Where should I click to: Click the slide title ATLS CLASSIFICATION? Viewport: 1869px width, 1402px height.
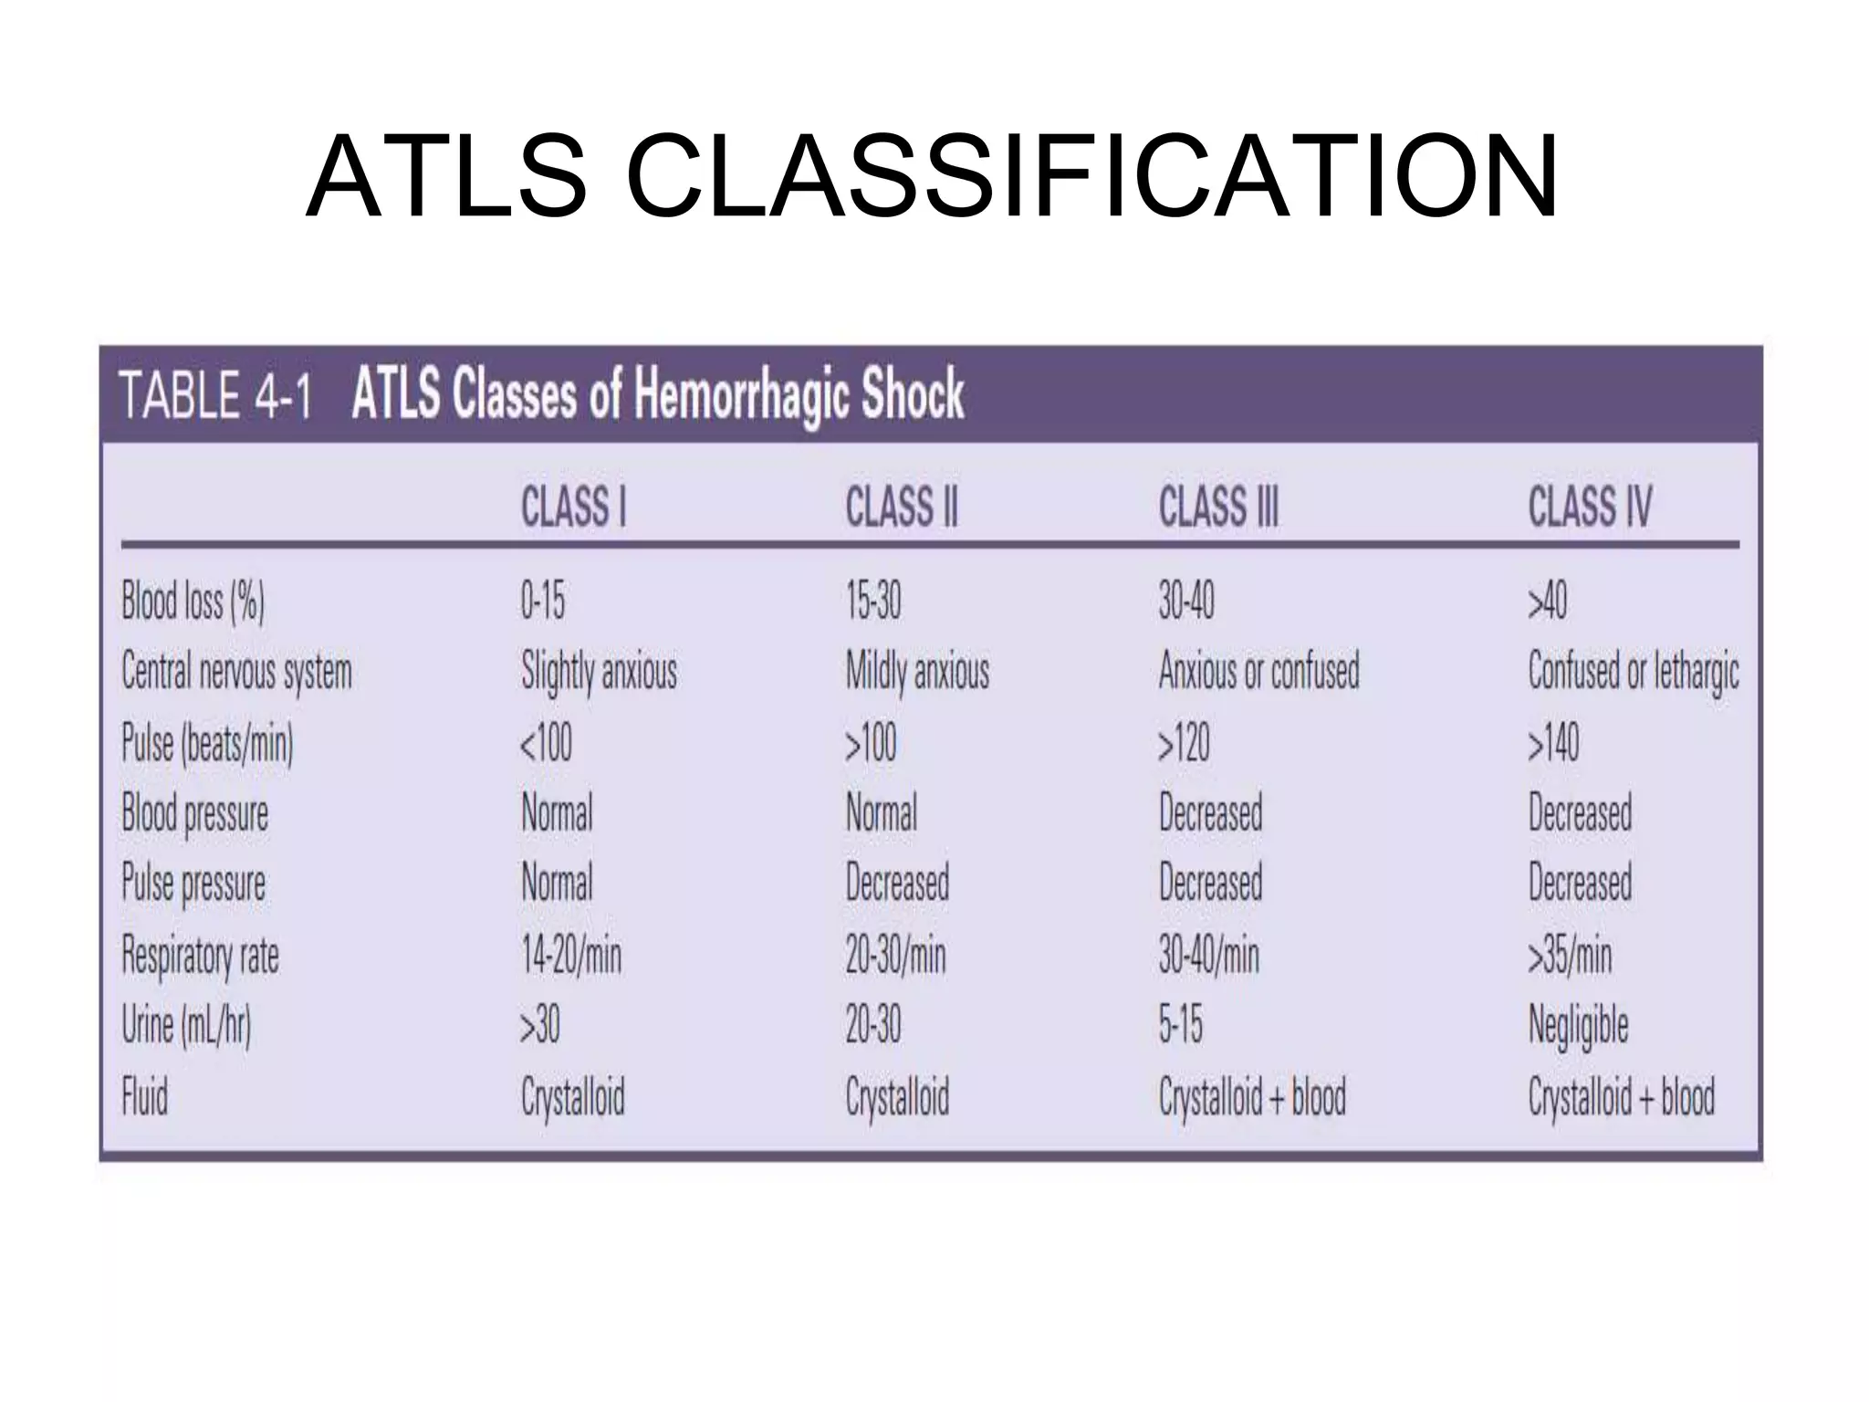(933, 175)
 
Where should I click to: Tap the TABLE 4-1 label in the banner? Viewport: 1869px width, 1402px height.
(215, 395)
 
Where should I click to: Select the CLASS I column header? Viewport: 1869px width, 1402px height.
(573, 507)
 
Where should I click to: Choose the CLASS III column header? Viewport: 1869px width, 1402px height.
(1218, 507)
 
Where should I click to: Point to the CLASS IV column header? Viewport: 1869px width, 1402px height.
(1590, 507)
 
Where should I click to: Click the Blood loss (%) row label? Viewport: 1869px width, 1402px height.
(193, 602)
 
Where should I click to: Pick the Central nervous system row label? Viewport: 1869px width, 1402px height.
(236, 673)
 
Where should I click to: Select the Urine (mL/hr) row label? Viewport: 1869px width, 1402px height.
(186, 1025)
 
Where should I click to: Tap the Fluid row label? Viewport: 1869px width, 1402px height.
(145, 1096)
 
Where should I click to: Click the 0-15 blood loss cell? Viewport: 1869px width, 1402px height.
(543, 602)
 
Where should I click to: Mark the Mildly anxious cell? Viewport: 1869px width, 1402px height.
(917, 673)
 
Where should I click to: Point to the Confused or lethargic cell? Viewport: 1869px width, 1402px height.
(1634, 673)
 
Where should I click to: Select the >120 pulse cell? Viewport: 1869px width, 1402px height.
(1184, 743)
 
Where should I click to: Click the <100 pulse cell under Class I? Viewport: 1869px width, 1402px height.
(546, 743)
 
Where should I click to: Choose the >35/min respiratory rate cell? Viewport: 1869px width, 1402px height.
(1570, 956)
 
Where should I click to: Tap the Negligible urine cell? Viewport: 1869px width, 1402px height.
(1578, 1026)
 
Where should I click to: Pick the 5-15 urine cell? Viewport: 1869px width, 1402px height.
(1180, 1025)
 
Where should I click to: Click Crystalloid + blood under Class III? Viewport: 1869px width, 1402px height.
(1252, 1096)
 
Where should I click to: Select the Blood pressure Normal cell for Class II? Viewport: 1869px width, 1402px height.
(881, 812)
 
